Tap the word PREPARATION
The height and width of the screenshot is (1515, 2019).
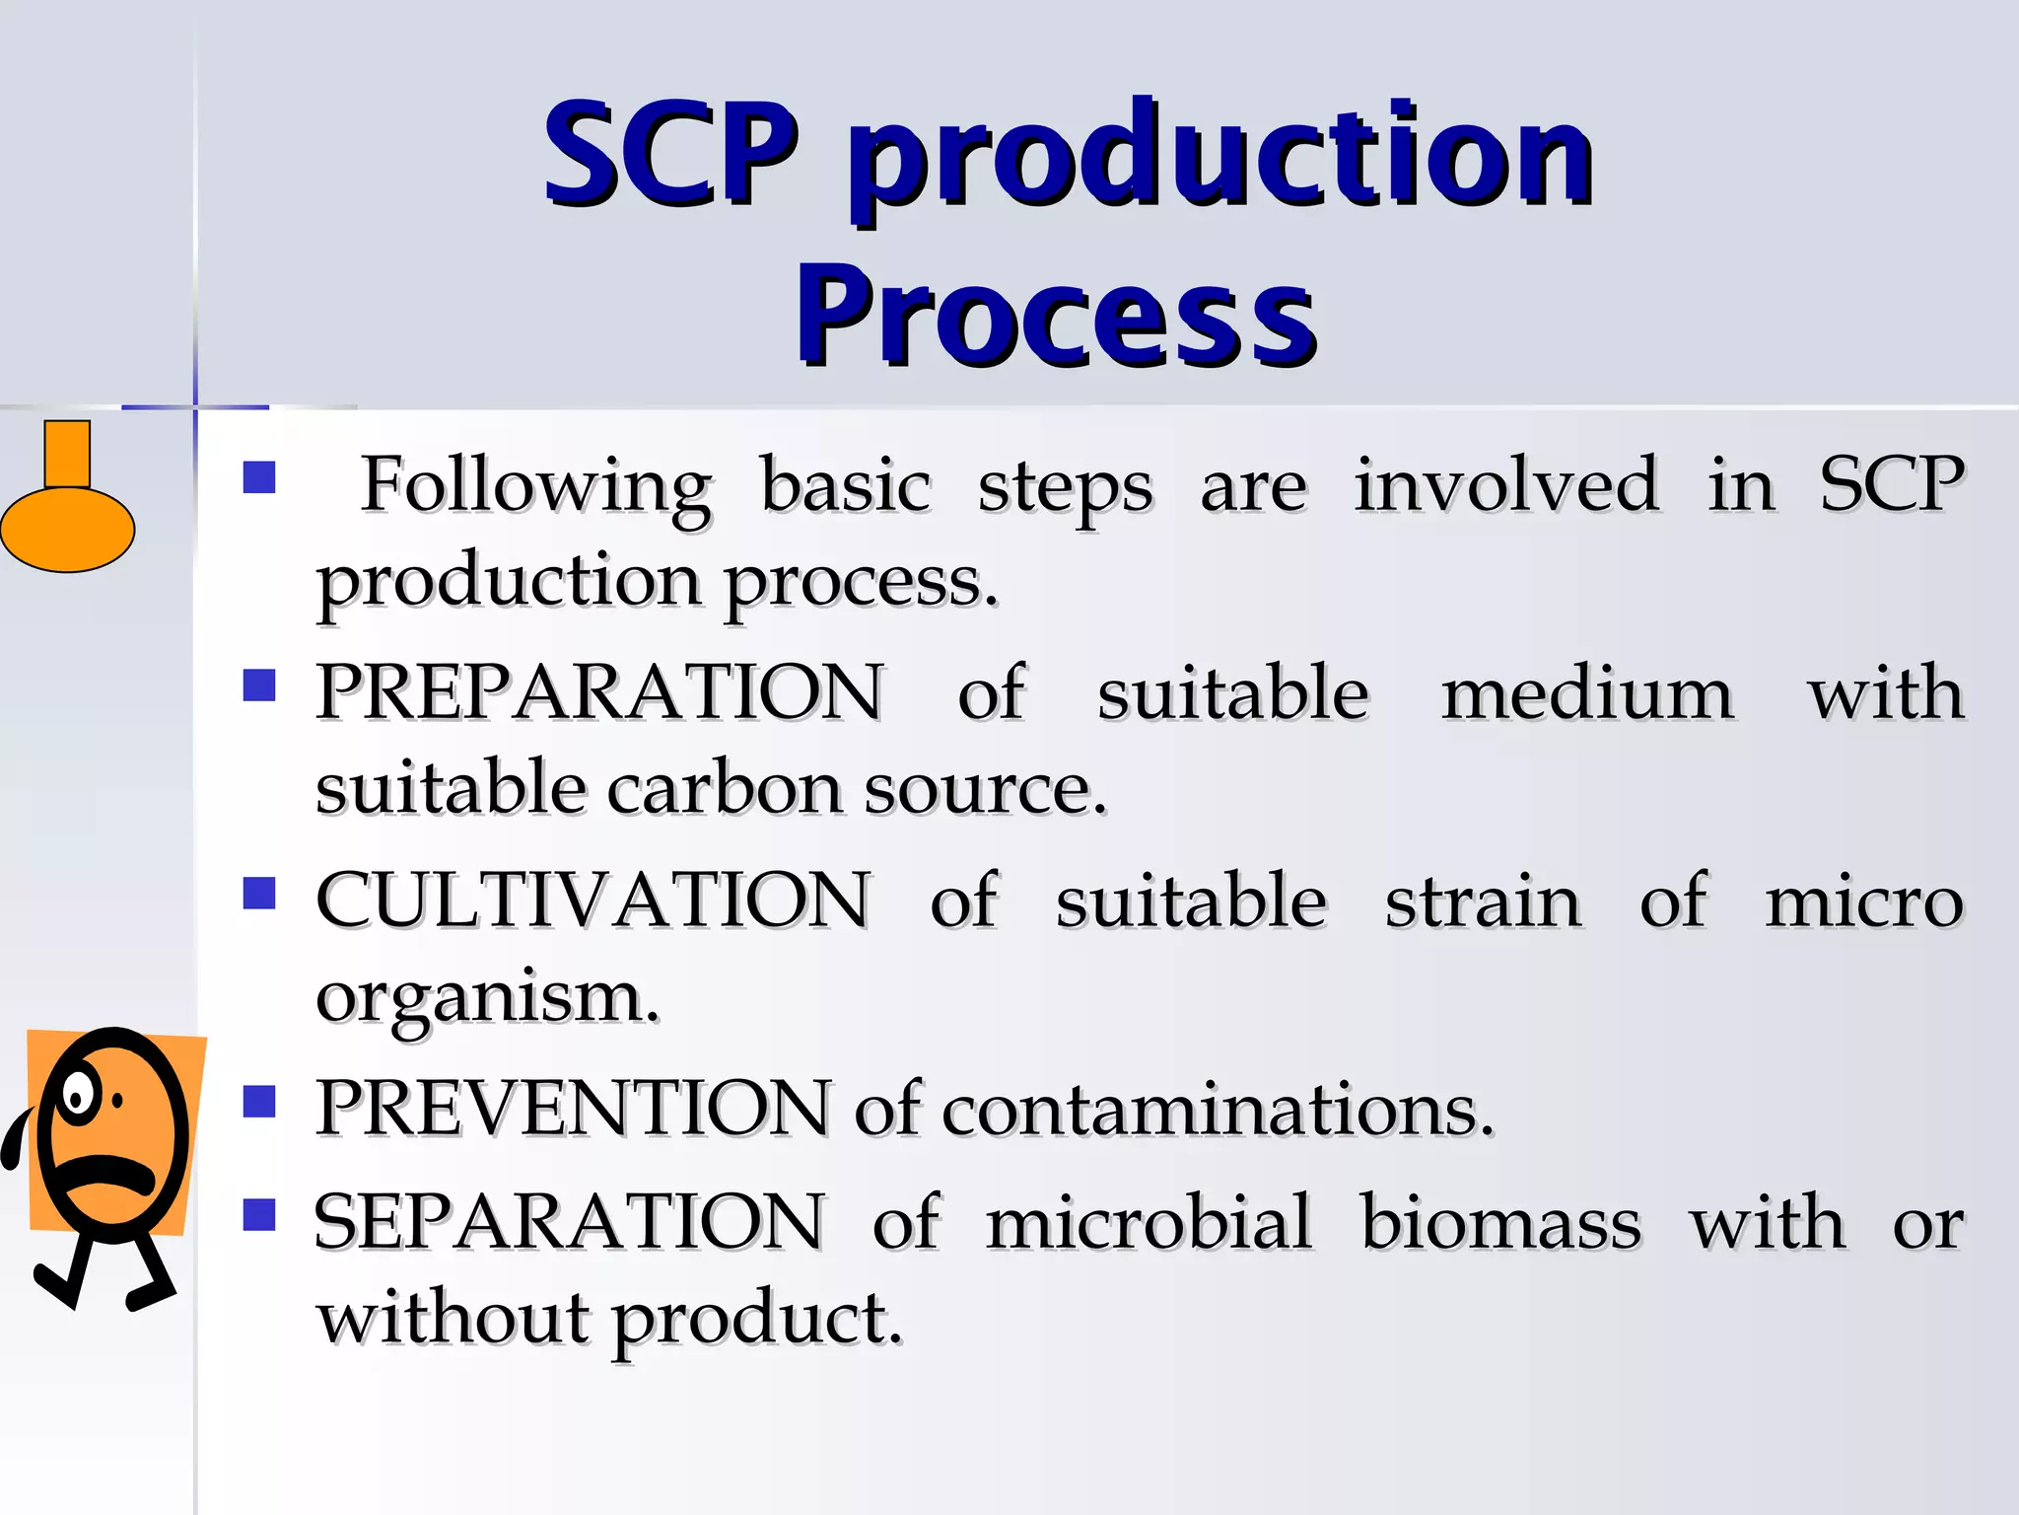click(599, 692)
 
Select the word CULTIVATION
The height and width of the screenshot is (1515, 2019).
click(593, 901)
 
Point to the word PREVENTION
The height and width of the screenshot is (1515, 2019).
click(574, 1109)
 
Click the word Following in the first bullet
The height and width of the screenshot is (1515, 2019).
click(535, 486)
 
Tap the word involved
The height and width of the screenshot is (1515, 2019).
click(1506, 484)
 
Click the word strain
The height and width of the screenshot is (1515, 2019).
click(1484, 902)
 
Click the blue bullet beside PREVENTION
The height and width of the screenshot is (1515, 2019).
click(259, 1101)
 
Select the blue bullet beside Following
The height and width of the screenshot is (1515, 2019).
click(259, 478)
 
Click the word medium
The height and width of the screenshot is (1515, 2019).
click(1587, 692)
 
